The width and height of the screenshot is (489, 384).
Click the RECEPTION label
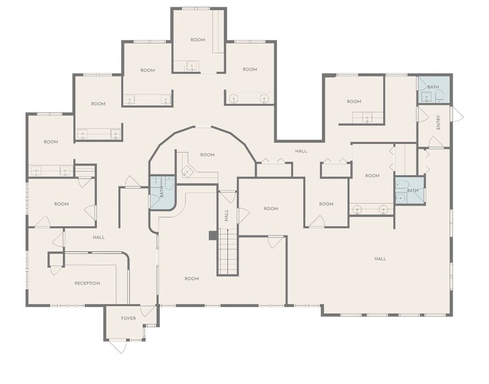[87, 283]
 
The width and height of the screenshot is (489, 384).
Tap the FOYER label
[129, 319]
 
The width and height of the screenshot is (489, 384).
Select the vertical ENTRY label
[439, 123]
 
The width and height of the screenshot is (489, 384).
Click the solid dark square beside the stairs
[213, 236]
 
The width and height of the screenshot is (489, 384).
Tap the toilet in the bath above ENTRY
[439, 97]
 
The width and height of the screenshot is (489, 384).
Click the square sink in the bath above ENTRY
[426, 97]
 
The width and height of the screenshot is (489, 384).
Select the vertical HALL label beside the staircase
[227, 216]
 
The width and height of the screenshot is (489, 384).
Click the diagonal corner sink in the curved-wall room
[187, 171]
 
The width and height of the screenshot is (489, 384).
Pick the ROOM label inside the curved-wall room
[208, 155]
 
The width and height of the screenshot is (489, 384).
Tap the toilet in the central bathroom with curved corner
[169, 183]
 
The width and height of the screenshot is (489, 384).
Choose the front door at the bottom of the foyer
[119, 346]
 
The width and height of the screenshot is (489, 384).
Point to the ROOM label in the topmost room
[198, 40]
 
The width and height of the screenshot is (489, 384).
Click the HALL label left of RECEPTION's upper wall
[99, 237]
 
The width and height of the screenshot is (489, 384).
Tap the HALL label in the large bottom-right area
[380, 259]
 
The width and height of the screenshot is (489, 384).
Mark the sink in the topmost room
[192, 66]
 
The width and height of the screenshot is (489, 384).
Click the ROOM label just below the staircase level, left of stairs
[192, 279]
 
